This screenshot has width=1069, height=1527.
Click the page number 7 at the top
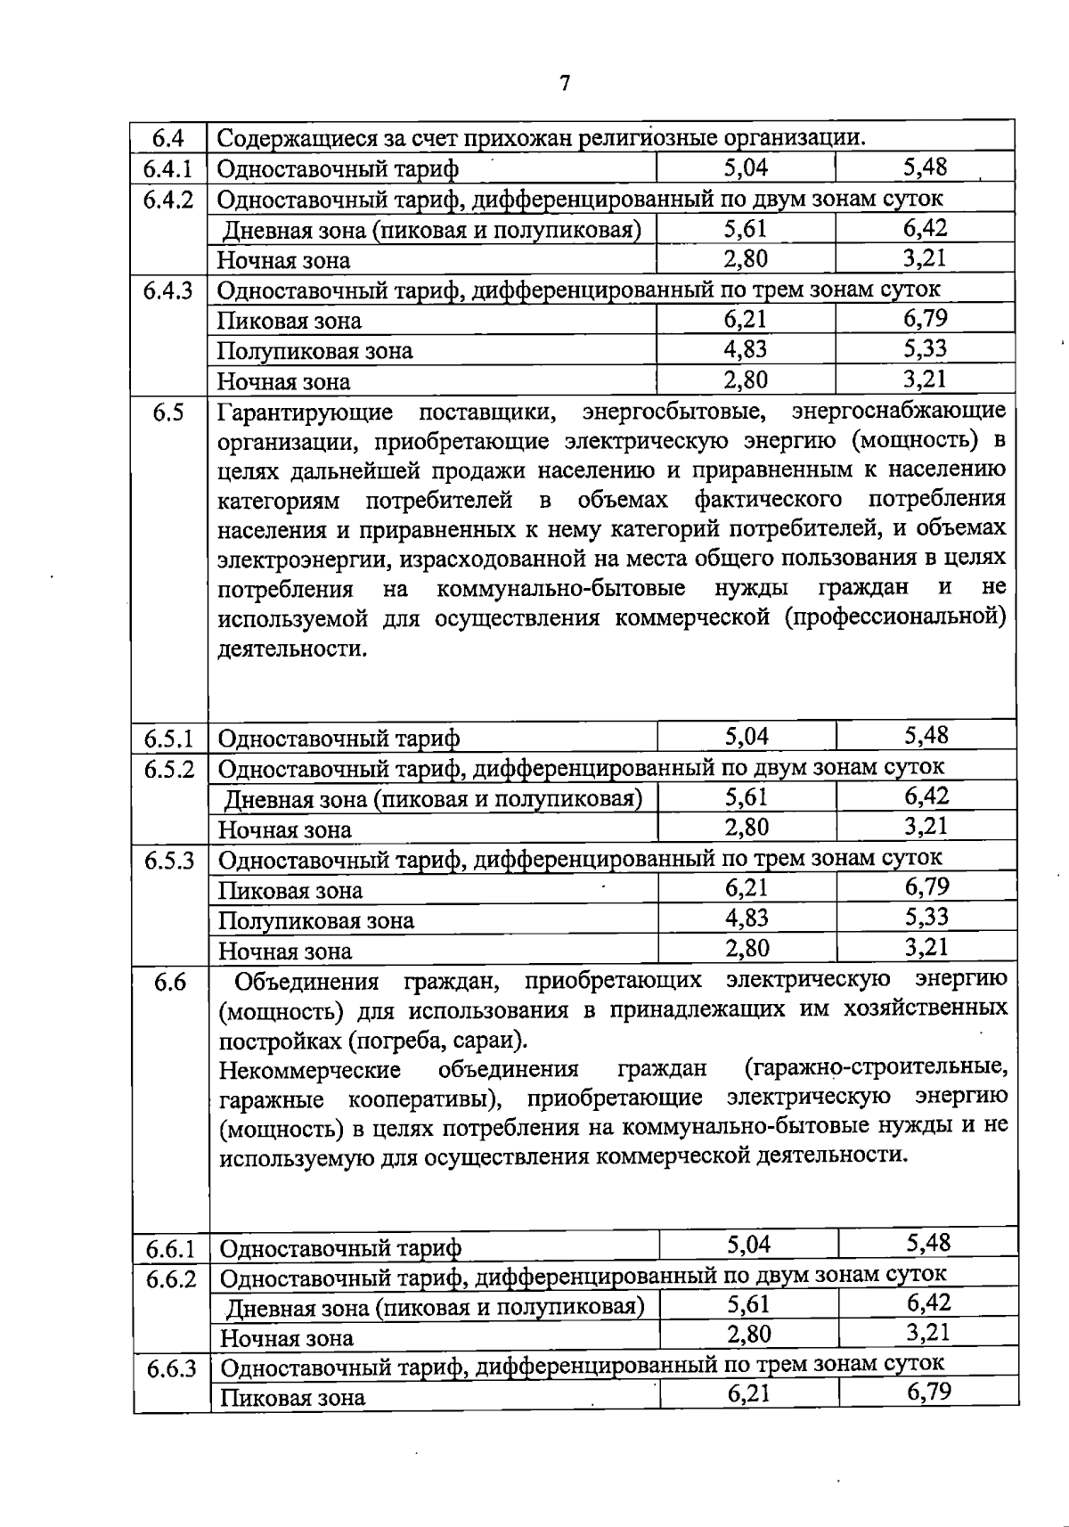(565, 84)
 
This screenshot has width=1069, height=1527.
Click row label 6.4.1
(168, 168)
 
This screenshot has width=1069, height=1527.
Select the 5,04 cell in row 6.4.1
(746, 167)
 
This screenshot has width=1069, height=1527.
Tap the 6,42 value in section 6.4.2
(925, 229)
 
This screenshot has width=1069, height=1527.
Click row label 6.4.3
(168, 291)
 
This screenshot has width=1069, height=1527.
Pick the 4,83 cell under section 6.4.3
(746, 349)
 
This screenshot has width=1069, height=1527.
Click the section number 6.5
(168, 412)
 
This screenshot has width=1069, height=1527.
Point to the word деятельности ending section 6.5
(291, 649)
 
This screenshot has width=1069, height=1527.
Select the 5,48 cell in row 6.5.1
(926, 736)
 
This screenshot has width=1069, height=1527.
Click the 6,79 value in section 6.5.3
(926, 887)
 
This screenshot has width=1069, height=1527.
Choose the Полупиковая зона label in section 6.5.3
(316, 920)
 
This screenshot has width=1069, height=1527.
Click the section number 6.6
(170, 982)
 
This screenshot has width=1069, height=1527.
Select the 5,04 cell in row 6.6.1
(748, 1245)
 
